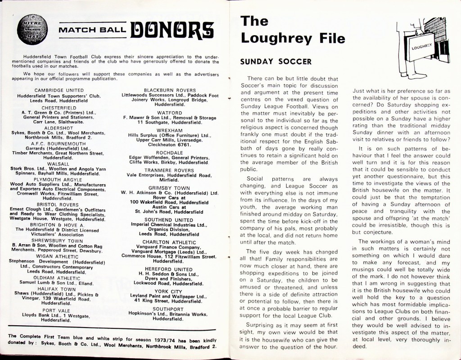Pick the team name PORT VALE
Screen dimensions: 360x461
[56, 310]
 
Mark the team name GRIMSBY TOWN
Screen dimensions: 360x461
[170, 187]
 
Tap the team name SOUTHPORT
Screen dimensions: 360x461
[170, 309]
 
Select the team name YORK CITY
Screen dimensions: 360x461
[170, 291]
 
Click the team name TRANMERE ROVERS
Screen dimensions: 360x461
[170, 170]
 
